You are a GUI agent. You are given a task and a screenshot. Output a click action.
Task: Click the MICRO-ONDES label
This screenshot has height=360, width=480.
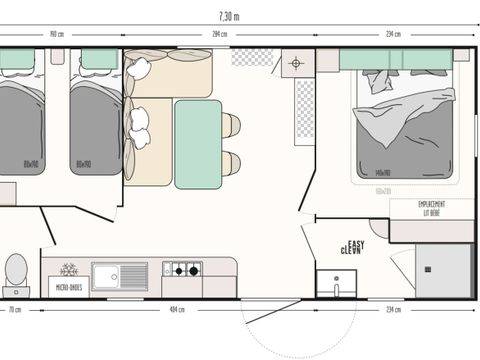(68, 288)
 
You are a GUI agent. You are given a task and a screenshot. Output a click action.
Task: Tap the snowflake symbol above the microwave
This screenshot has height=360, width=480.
(69, 270)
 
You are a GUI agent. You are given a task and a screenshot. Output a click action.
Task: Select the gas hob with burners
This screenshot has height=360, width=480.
(182, 269)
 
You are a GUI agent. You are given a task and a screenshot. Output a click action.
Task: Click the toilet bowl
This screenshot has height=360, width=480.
(16, 268)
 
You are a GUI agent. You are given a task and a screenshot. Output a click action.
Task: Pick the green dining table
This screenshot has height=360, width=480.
(197, 142)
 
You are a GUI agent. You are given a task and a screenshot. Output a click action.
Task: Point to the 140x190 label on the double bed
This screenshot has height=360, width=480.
(382, 172)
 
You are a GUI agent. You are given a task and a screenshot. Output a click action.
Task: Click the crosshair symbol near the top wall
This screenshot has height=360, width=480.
(295, 64)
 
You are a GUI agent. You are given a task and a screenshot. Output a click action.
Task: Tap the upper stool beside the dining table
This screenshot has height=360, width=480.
(231, 125)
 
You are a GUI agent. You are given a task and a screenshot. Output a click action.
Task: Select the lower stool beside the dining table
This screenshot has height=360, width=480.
(231, 162)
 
